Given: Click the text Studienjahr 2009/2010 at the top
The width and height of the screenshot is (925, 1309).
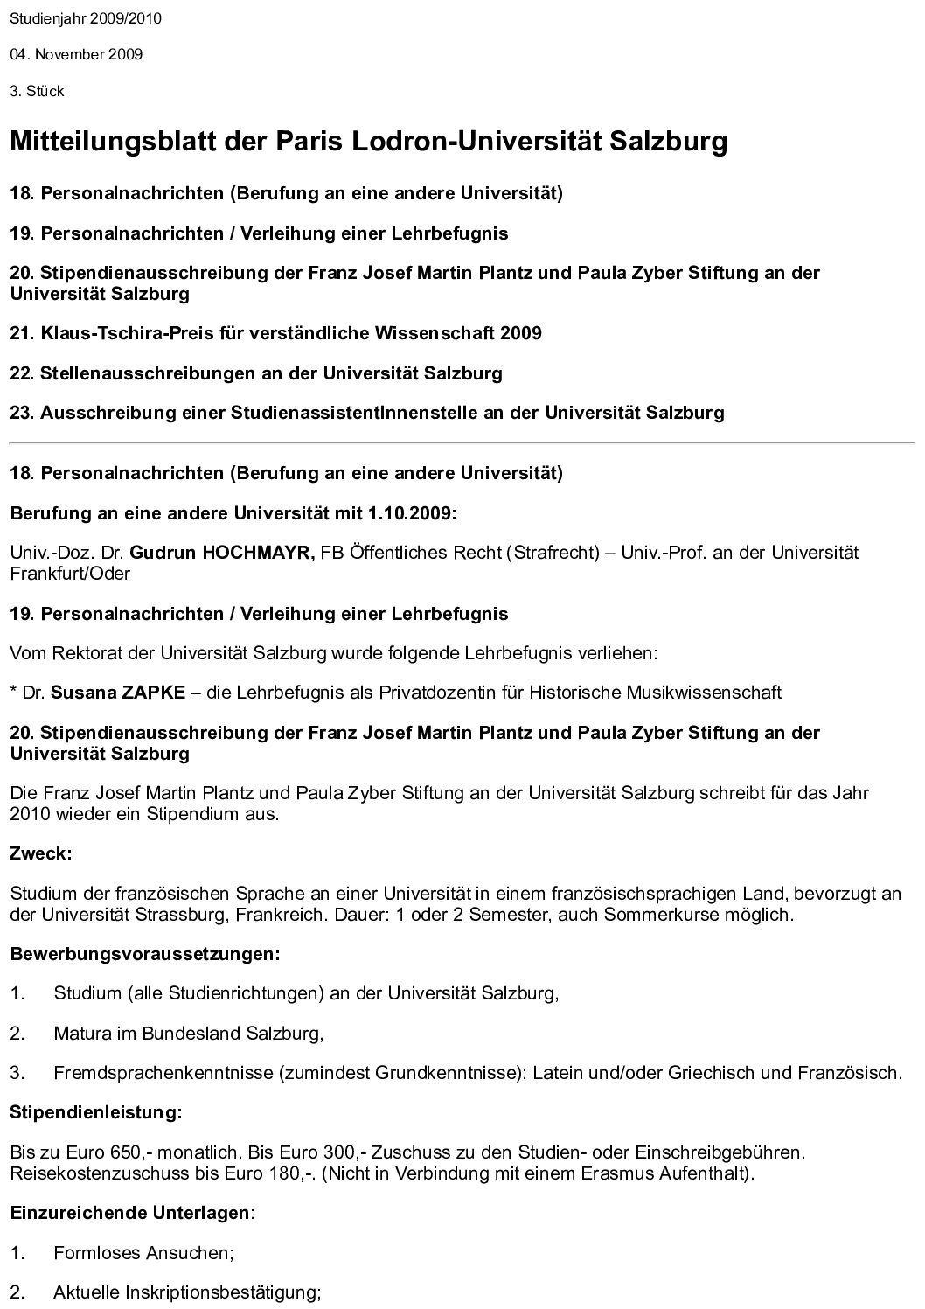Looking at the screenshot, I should tap(86, 18).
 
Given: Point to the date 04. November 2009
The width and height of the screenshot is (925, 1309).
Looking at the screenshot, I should tap(76, 54).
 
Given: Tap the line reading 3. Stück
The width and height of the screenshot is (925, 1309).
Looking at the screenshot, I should tap(37, 91).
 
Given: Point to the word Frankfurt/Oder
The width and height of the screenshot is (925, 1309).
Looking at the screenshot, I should tap(70, 574).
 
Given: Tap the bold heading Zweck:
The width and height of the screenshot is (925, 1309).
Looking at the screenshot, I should tap(40, 853).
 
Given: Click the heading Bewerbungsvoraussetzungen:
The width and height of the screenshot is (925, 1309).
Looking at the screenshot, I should tap(145, 954).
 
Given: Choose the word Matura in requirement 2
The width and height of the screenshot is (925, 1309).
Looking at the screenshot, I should tap(81, 1034).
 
